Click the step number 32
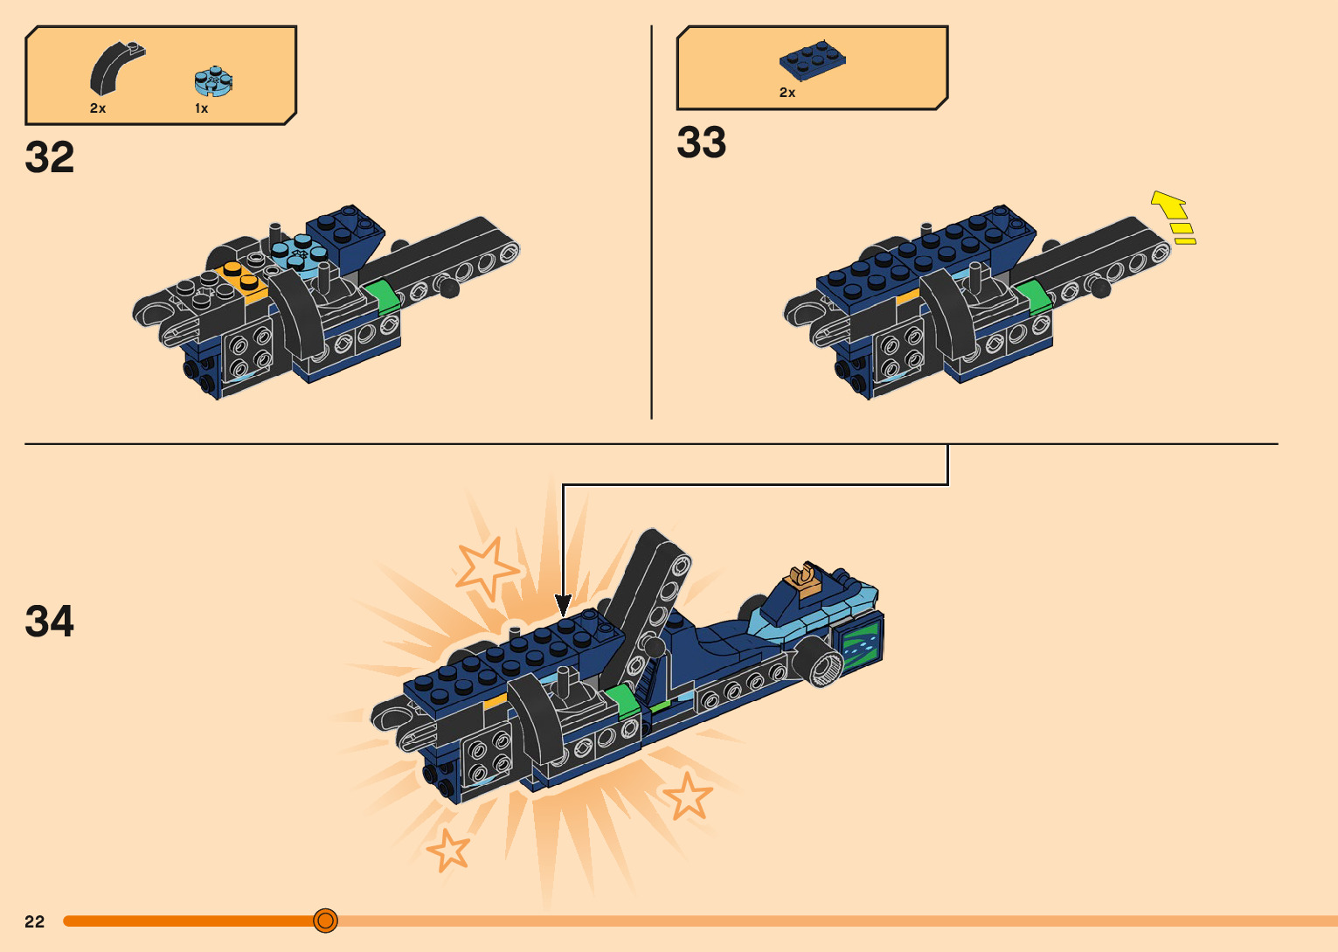(50, 158)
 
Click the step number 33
(701, 142)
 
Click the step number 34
(50, 622)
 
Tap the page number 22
(34, 921)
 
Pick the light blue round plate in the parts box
(212, 81)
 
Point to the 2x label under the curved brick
(97, 108)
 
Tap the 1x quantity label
(201, 108)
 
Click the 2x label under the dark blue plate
(787, 93)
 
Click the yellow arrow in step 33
(1173, 216)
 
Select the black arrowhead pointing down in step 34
(564, 604)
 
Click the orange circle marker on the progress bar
(325, 921)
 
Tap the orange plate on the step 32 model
(245, 279)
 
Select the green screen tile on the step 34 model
(857, 646)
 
